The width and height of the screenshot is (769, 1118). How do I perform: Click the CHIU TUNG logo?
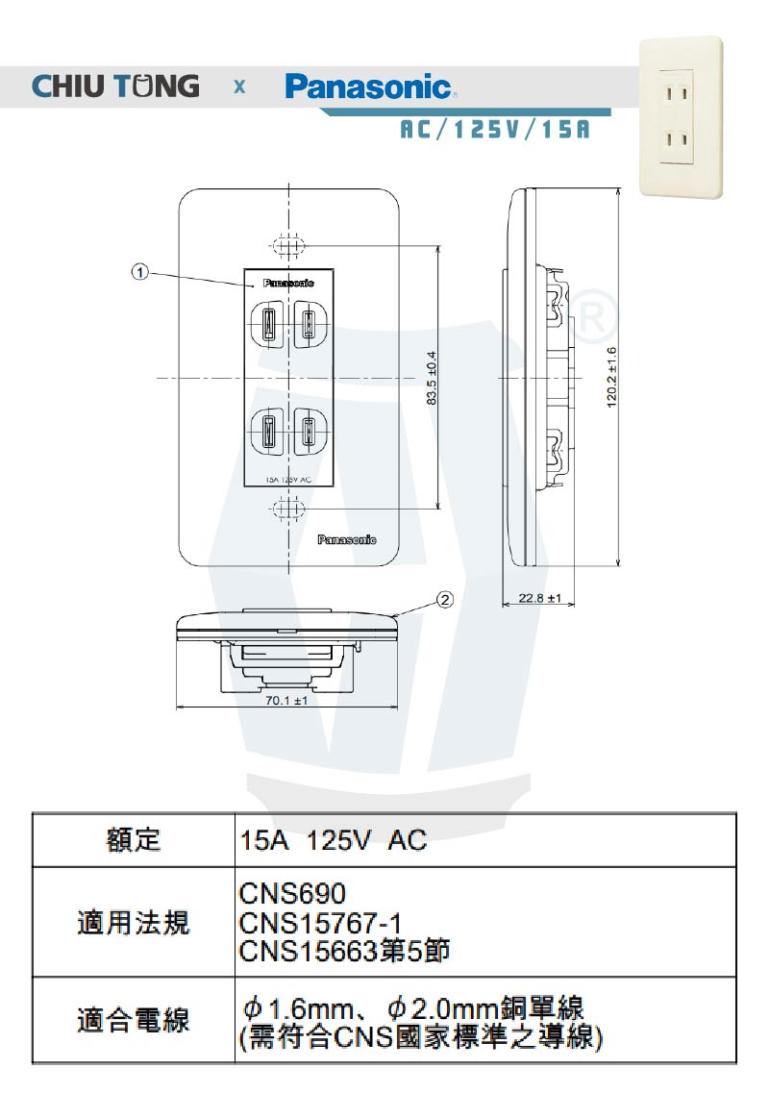tap(115, 86)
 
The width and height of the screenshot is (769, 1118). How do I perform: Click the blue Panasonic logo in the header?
tap(368, 87)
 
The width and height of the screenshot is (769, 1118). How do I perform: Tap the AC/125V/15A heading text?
tap(493, 130)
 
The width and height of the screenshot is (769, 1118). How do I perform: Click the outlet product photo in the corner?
tap(682, 117)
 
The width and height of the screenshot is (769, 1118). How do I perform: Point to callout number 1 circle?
tap(140, 272)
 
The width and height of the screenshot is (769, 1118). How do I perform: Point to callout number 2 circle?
tap(444, 600)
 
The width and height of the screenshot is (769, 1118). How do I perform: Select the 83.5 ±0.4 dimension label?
tap(433, 376)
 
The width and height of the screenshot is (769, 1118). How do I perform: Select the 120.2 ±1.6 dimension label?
tap(611, 376)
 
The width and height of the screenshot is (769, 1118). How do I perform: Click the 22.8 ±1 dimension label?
tap(539, 598)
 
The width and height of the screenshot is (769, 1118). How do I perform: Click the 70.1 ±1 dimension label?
tap(286, 701)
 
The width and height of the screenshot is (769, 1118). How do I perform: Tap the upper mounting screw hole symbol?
tap(287, 244)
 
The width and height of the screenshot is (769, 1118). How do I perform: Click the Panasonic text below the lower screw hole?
tap(347, 540)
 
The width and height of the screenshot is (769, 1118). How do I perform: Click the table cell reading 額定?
tap(134, 841)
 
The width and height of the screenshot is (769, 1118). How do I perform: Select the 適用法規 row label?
tap(134, 924)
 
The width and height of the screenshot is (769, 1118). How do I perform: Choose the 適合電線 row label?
tap(134, 1020)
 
